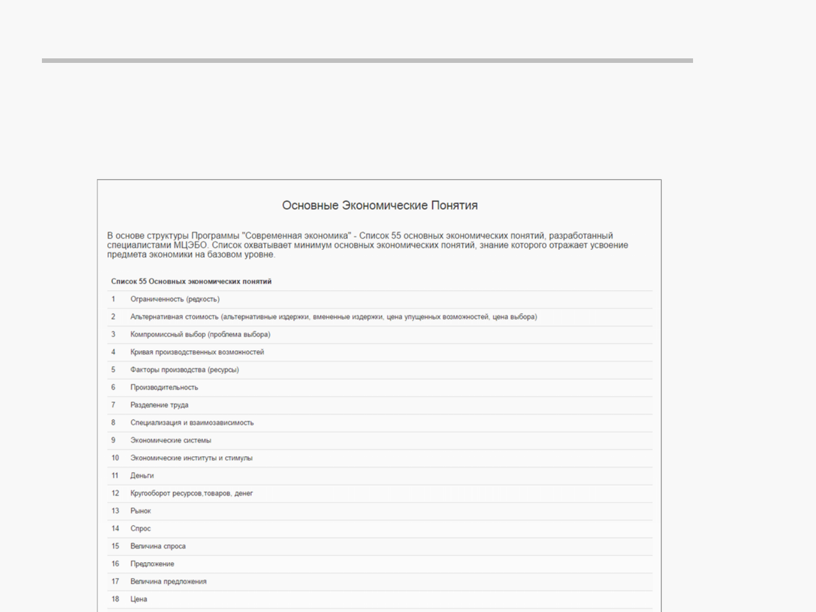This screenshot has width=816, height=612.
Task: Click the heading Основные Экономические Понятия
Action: pos(380,205)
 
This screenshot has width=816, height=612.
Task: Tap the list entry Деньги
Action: pos(142,475)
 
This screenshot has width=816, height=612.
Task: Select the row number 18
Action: pos(115,599)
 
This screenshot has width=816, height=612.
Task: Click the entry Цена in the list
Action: pos(139,599)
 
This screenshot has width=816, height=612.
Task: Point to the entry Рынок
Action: pos(141,511)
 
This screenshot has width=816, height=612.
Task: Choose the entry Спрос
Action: pos(141,528)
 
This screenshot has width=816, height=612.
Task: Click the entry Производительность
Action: pos(164,387)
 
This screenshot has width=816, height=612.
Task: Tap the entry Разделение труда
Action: pos(159,405)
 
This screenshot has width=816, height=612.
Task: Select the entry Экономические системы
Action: pos(171,440)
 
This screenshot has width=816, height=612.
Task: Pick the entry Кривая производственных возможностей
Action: pos(197,352)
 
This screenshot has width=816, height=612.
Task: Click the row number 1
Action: pos(113,299)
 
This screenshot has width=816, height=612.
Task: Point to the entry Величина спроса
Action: pos(158,546)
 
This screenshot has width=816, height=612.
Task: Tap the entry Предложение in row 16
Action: pos(152,563)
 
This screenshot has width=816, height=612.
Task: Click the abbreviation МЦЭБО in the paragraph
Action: pos(190,245)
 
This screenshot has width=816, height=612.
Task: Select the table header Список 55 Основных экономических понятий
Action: pos(191,281)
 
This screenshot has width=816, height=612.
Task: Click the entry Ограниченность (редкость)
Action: pos(175,299)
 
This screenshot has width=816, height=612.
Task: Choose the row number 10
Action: pos(115,457)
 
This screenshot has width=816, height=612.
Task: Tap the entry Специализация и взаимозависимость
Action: pos(192,422)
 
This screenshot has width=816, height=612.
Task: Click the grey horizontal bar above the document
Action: pos(367,60)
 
